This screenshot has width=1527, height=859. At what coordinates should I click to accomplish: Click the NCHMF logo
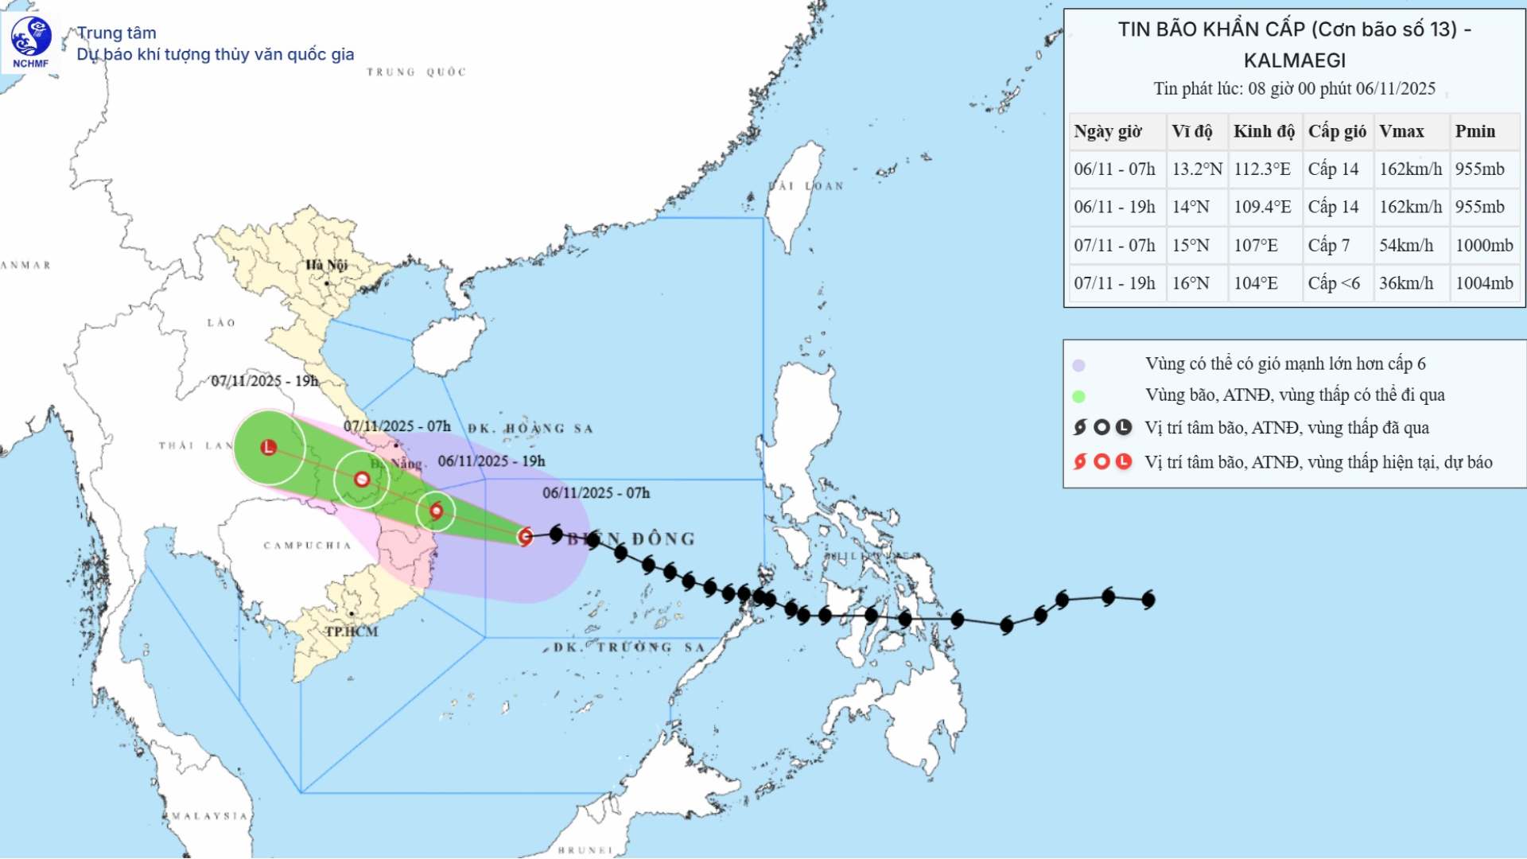31,42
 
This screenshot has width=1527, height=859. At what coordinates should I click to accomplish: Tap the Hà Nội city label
326,265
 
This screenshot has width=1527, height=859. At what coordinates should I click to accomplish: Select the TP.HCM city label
351,632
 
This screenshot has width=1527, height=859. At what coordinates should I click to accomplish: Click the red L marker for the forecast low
269,447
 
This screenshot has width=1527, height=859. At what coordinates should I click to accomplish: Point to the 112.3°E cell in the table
1262,169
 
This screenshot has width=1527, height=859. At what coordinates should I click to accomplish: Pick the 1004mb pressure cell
1484,283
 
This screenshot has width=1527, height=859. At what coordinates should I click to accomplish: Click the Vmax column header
1401,131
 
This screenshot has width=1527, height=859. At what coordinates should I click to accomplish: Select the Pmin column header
1475,131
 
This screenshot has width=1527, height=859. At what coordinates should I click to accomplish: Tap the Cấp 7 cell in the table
1329,245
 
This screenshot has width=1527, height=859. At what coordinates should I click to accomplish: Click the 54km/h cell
1406,245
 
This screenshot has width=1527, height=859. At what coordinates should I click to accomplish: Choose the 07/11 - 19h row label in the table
1114,283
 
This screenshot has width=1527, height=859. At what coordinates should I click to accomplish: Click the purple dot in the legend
1078,365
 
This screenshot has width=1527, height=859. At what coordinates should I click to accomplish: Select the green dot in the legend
1078,396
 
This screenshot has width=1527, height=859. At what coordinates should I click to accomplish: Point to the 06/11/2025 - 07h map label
596,493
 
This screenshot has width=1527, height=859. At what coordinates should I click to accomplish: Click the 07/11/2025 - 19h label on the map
265,381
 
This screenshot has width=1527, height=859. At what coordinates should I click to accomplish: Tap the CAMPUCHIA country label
307,546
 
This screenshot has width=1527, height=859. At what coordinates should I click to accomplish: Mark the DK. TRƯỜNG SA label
628,647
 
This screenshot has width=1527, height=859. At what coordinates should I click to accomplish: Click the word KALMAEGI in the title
1294,60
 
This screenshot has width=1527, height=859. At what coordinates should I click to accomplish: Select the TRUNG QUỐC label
416,72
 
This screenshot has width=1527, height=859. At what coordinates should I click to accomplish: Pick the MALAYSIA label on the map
210,816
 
